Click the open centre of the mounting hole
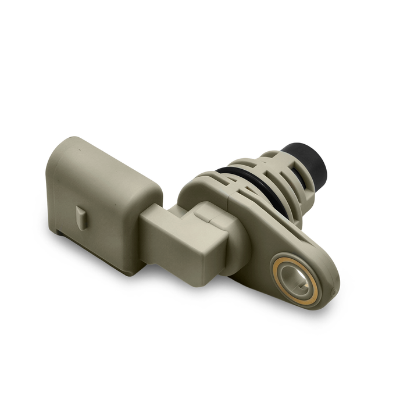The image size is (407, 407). (297, 278)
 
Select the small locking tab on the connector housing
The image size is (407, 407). (81, 216)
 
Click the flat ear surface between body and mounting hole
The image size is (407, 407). (265, 244)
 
